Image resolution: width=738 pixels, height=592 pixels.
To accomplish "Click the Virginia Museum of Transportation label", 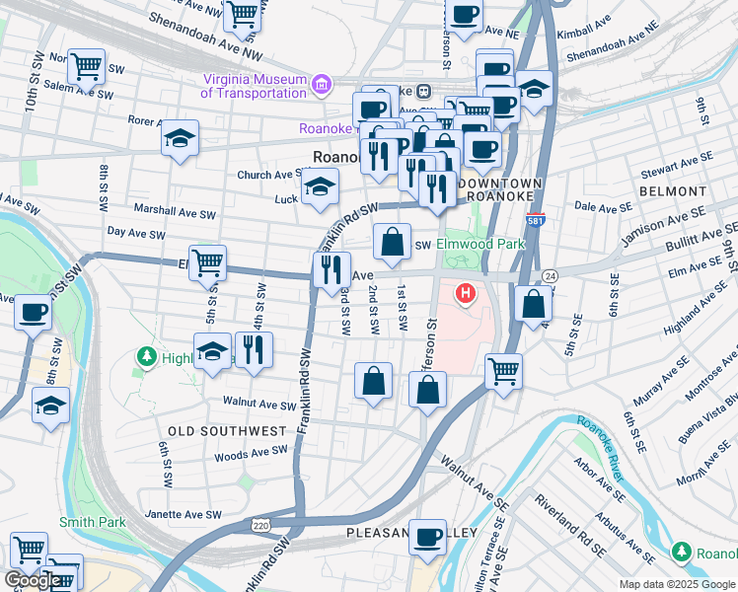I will [254, 86].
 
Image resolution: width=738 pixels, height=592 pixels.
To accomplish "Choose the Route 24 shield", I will [550, 275].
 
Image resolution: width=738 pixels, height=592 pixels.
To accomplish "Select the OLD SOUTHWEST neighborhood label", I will [227, 431].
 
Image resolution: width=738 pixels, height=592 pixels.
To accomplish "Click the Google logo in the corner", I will [32, 580].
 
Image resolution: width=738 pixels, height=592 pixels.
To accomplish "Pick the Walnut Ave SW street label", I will [254, 403].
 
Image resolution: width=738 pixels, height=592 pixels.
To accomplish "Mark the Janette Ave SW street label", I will [184, 515].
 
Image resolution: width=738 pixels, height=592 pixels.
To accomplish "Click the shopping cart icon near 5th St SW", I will [207, 262].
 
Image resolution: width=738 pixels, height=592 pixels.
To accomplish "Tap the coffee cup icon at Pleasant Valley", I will [427, 537].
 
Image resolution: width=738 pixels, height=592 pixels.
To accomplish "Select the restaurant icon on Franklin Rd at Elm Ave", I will [332, 269].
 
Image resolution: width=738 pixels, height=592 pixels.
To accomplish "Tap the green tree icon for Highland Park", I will [148, 356].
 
